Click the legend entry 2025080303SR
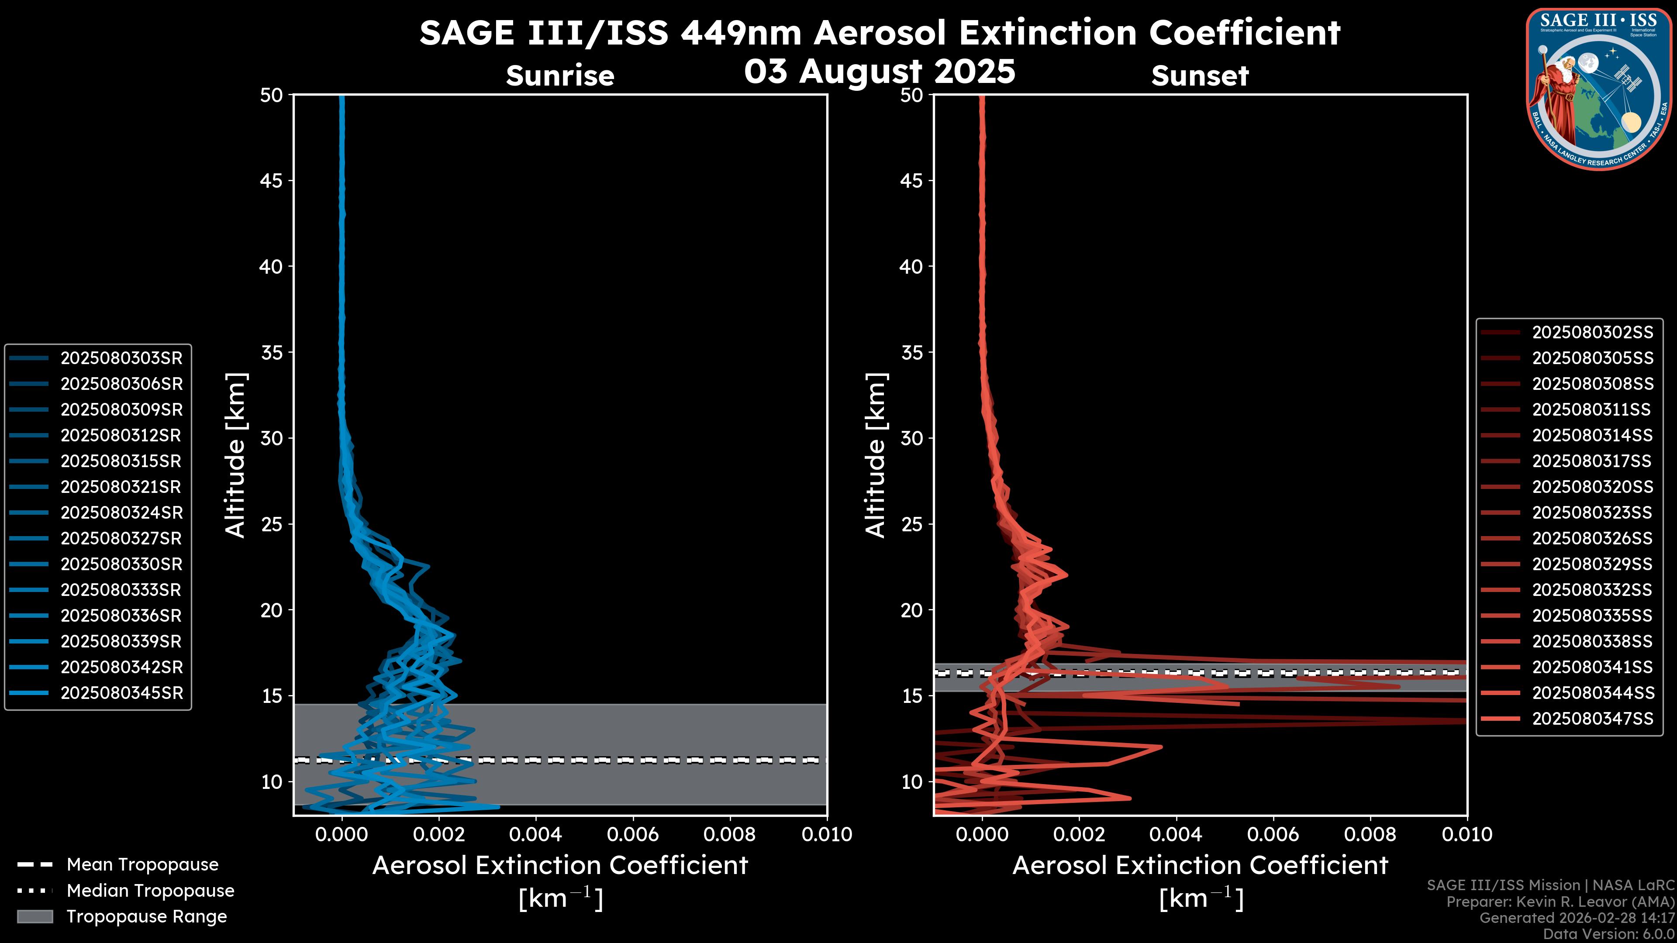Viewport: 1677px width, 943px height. [x=121, y=358]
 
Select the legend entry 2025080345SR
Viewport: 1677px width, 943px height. [x=121, y=693]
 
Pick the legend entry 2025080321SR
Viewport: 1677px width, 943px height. [x=121, y=487]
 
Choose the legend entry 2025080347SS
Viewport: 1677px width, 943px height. [x=1592, y=719]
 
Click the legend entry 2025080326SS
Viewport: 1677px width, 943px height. [x=1592, y=538]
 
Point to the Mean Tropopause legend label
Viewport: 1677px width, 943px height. [x=142, y=865]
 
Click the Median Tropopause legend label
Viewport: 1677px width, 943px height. [x=150, y=890]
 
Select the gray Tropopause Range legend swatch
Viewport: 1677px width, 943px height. [x=35, y=916]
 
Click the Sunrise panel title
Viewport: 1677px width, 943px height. [x=560, y=76]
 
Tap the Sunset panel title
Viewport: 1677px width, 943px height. [x=1200, y=76]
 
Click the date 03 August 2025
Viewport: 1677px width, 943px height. [x=880, y=71]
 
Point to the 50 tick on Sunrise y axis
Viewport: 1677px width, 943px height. [x=272, y=95]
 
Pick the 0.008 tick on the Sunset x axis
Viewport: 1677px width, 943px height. [x=1370, y=834]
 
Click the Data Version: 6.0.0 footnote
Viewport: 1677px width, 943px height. [x=1608, y=934]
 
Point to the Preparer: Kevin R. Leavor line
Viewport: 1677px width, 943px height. [x=1560, y=902]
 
